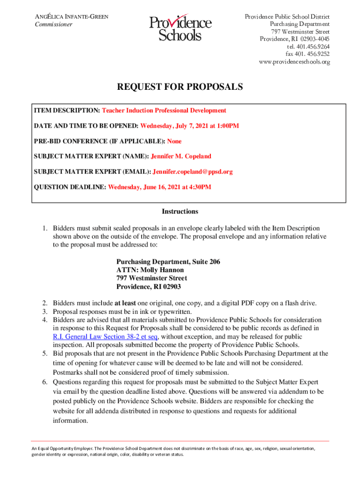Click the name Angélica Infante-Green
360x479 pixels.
(72, 17)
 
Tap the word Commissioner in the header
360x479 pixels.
(54, 24)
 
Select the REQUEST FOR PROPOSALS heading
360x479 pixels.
(180, 87)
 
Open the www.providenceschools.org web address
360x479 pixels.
(295, 62)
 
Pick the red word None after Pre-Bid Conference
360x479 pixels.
(174, 141)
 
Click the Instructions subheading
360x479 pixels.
(180, 211)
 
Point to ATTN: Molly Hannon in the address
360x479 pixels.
(150, 270)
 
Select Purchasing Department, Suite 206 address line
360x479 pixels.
(168, 261)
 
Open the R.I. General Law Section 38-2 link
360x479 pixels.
(106, 337)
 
